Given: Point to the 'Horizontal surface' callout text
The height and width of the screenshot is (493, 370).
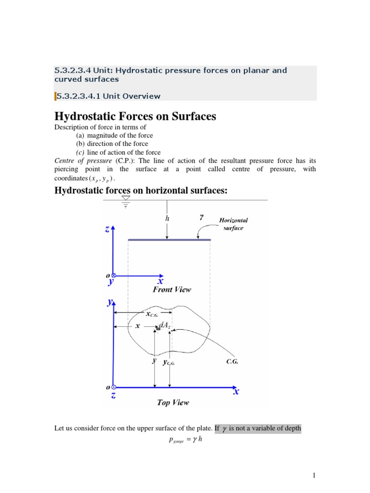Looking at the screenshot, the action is [234, 224].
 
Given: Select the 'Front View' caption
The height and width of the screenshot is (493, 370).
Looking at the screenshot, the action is [172, 289].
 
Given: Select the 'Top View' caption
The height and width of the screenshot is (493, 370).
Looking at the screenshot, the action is [173, 402].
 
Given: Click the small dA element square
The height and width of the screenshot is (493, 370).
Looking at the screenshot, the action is [158, 328].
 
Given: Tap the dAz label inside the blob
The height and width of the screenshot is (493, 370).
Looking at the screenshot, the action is [165, 324].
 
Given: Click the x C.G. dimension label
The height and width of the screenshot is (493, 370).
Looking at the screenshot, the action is [156, 314].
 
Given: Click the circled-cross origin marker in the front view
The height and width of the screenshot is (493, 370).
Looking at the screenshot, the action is [114, 275].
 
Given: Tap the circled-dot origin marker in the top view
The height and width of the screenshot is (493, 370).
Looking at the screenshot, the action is [114, 387].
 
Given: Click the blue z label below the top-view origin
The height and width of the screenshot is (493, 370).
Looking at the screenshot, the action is [113, 396].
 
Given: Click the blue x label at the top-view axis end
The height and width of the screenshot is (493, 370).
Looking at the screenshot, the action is [237, 392].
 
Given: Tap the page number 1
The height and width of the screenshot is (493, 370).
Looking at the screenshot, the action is [314, 476].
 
